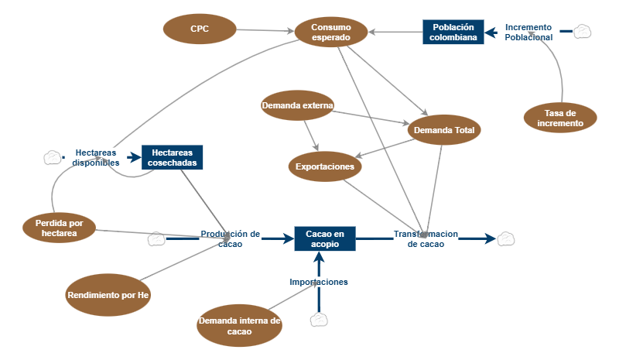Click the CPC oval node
(200, 29)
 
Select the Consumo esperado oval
(330, 32)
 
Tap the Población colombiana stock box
(453, 32)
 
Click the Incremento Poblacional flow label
(528, 32)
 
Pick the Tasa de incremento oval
(560, 118)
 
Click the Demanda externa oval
(297, 105)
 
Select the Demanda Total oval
(444, 130)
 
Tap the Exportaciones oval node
(325, 166)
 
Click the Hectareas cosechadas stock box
(172, 158)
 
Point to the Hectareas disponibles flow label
(96, 158)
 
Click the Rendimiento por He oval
(108, 295)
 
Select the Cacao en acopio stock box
(325, 238)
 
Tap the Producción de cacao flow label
(230, 238)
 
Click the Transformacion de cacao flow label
(426, 238)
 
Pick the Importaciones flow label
(319, 282)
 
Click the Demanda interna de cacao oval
(239, 326)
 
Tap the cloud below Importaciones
(320, 320)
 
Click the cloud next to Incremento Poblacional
(583, 32)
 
